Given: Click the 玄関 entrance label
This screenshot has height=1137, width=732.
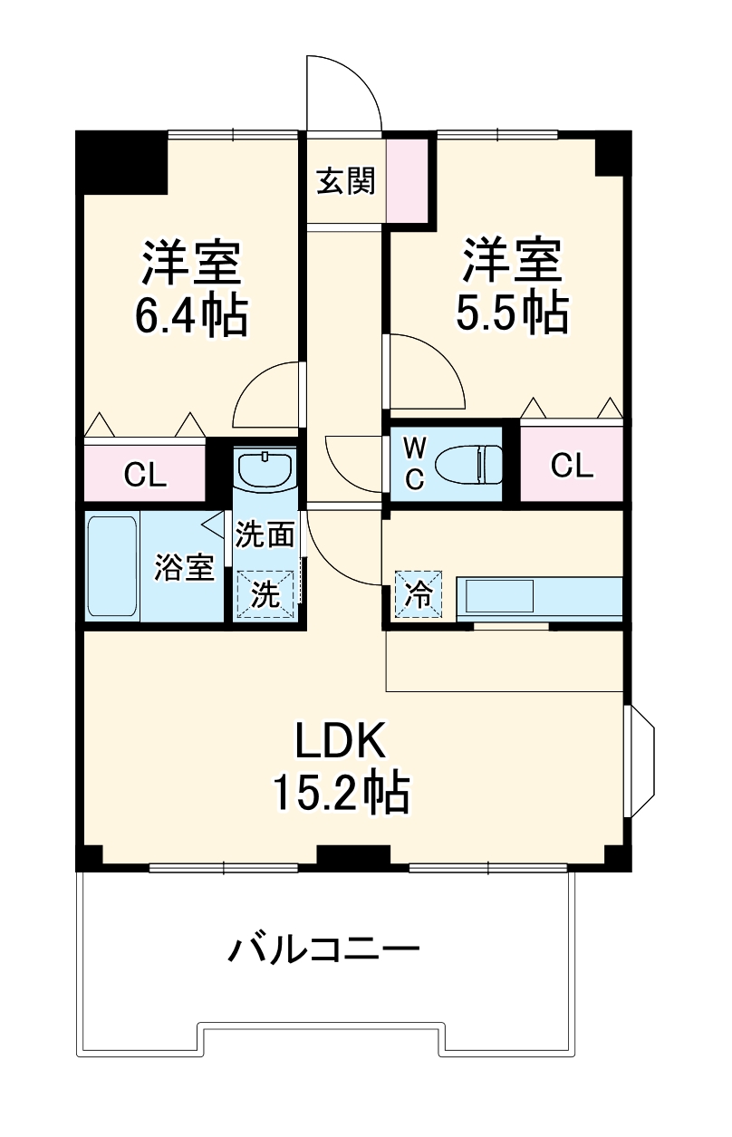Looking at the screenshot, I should [x=345, y=181].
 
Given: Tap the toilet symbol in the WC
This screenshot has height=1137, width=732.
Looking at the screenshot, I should [x=468, y=464].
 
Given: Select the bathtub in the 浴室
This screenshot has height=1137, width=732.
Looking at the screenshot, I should [x=112, y=567].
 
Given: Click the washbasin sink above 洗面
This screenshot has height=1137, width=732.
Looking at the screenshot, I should [x=265, y=468].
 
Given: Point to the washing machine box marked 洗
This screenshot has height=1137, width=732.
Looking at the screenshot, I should [x=265, y=594].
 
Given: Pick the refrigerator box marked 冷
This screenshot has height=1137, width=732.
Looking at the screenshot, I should [x=418, y=594].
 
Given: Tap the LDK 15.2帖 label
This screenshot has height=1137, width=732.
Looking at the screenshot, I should [x=343, y=766].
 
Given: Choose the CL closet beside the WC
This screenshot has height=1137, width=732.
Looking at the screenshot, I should [x=572, y=466].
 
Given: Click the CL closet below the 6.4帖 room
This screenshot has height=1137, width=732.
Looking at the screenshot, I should [x=145, y=473].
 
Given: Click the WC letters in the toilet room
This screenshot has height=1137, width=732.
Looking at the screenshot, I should [x=413, y=464].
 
